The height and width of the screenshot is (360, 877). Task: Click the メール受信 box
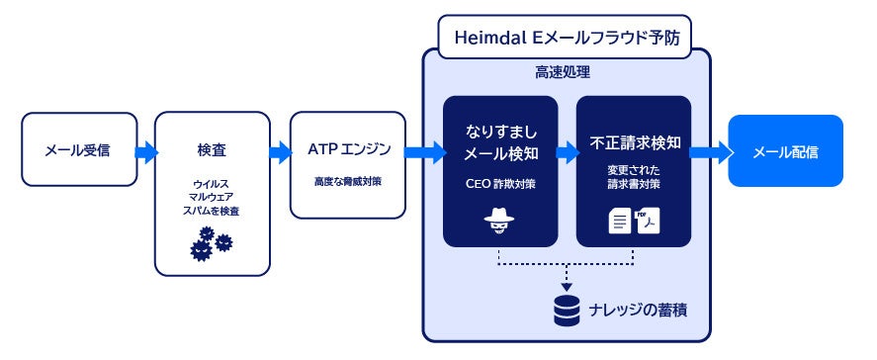[x=78, y=150]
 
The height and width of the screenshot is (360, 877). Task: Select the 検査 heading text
[x=212, y=150]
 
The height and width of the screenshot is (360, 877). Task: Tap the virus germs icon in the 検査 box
[x=212, y=242]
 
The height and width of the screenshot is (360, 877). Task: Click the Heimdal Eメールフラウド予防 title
[x=565, y=37]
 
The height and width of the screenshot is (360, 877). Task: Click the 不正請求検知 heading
[x=633, y=141]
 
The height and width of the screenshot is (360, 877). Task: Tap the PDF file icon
[x=648, y=223]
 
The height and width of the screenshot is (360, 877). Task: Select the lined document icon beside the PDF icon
[x=619, y=224]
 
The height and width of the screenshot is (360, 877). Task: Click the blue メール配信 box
[x=785, y=151]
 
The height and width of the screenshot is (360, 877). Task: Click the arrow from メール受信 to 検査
[x=145, y=151]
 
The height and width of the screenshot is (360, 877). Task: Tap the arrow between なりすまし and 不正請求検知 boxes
[x=568, y=152]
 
